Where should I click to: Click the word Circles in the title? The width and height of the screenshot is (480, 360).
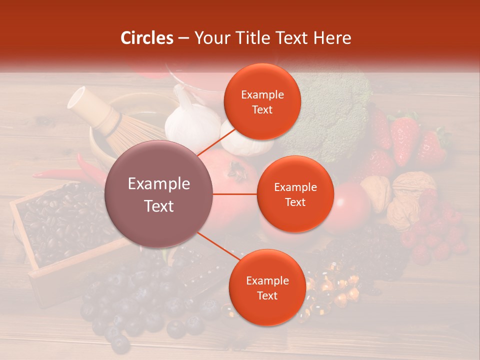point(146,38)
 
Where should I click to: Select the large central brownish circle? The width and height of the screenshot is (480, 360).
point(159,194)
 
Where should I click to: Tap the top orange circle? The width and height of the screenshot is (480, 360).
point(262,102)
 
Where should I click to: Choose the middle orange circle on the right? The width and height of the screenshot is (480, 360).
point(295,194)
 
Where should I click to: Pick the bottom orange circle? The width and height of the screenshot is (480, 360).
point(267,288)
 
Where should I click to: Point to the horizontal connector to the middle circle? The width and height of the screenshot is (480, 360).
point(235,194)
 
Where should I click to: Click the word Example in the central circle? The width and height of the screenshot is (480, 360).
point(159,184)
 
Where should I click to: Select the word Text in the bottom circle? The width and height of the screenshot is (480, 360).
point(267,295)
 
